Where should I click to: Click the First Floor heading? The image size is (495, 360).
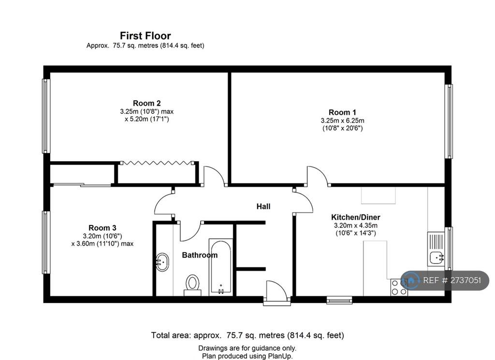pyautogui.click(x=145, y=35)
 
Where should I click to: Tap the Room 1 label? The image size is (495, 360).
pyautogui.click(x=342, y=112)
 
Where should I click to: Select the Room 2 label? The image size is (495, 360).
pyautogui.click(x=146, y=103)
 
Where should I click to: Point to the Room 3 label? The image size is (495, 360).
pyautogui.click(x=102, y=227)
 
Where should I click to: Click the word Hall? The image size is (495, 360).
pyautogui.click(x=263, y=207)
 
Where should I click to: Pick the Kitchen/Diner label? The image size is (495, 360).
pyautogui.click(x=355, y=217)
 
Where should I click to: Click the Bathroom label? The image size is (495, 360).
pyautogui.click(x=200, y=255)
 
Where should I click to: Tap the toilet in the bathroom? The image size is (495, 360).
pyautogui.click(x=192, y=285)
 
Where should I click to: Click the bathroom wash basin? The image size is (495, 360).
pyautogui.click(x=162, y=262)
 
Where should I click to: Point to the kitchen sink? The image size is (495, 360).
pyautogui.click(x=436, y=249)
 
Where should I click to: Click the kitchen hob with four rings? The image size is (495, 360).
pyautogui.click(x=399, y=287)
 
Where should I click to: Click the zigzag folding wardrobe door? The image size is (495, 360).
pyautogui.click(x=158, y=163)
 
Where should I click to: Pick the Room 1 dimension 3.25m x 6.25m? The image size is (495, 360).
pyautogui.click(x=342, y=120)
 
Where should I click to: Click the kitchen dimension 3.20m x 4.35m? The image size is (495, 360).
pyautogui.click(x=355, y=225)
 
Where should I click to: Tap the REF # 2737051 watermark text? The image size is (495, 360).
pyautogui.click(x=452, y=280)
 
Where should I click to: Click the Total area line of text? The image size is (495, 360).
pyautogui.click(x=247, y=335)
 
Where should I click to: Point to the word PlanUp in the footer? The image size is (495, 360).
pyautogui.click(x=280, y=356)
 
